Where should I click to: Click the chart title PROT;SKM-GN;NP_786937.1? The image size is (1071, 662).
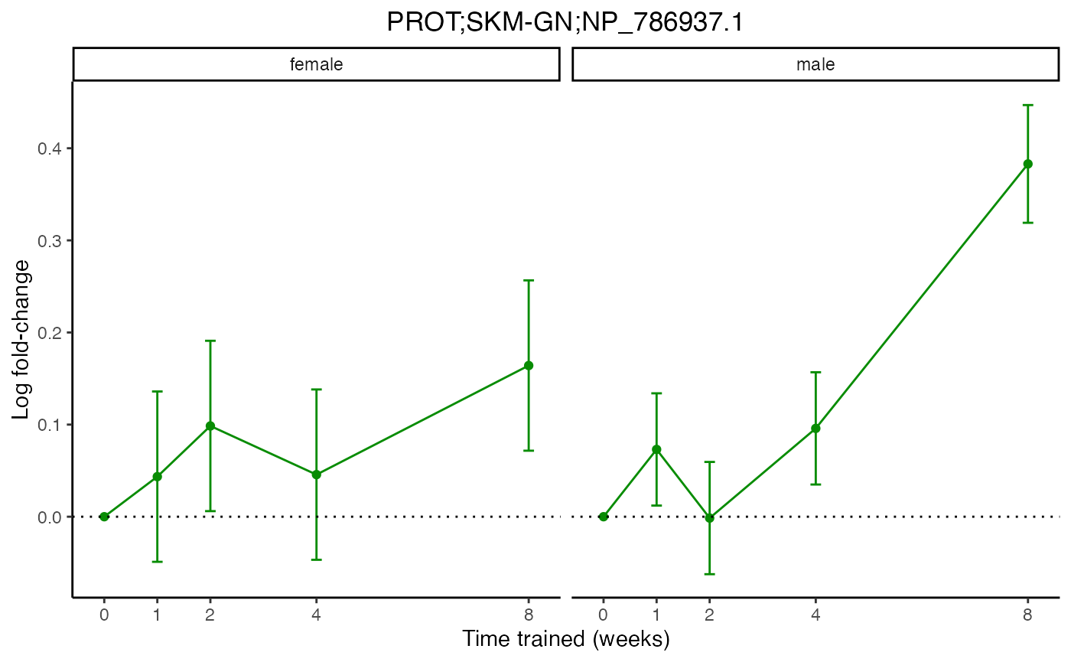coord(565,22)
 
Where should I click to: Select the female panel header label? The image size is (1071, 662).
coord(316,64)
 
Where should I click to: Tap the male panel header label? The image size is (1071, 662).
coord(815,64)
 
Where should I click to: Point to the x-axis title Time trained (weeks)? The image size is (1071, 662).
coord(565,639)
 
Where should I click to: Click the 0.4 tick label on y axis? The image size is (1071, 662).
coord(50,148)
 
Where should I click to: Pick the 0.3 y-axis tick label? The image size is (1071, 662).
coord(50,240)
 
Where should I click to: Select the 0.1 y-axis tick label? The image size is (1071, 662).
coord(50,425)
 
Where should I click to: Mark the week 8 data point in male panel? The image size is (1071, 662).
coord(1028,164)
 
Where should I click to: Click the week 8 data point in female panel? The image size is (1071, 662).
coord(529,366)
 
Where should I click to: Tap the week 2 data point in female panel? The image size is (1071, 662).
coord(210,426)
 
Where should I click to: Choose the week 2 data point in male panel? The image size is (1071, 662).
coord(709,518)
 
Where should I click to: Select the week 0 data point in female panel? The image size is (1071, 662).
coord(104,517)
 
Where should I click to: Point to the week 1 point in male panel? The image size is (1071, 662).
coord(656,449)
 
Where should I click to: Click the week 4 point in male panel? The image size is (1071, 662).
coord(815,429)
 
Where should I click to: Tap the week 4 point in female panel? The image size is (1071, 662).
coord(316,474)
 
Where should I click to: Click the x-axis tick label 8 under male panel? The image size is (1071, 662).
coord(1028,614)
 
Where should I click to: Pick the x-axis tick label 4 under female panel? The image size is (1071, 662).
coord(316,614)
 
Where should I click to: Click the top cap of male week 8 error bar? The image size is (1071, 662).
coord(1028,105)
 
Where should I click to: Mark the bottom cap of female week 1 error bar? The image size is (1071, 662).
coord(157,562)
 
